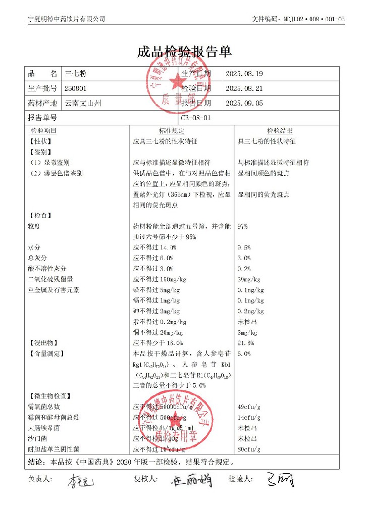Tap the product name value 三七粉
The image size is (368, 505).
click(x=73, y=74)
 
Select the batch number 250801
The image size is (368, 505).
click(x=76, y=88)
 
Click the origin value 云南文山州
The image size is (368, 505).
click(x=83, y=103)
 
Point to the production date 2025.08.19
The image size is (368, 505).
click(x=244, y=74)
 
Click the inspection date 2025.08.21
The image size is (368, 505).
click(x=244, y=88)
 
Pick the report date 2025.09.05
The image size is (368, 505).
click(x=244, y=103)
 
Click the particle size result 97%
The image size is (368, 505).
click(x=242, y=227)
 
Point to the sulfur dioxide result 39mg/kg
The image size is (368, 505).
click(x=249, y=279)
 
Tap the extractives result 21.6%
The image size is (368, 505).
click(x=245, y=343)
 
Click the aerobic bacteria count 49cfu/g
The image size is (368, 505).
click(x=249, y=407)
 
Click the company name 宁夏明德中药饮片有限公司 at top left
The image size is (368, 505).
click(x=66, y=19)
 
